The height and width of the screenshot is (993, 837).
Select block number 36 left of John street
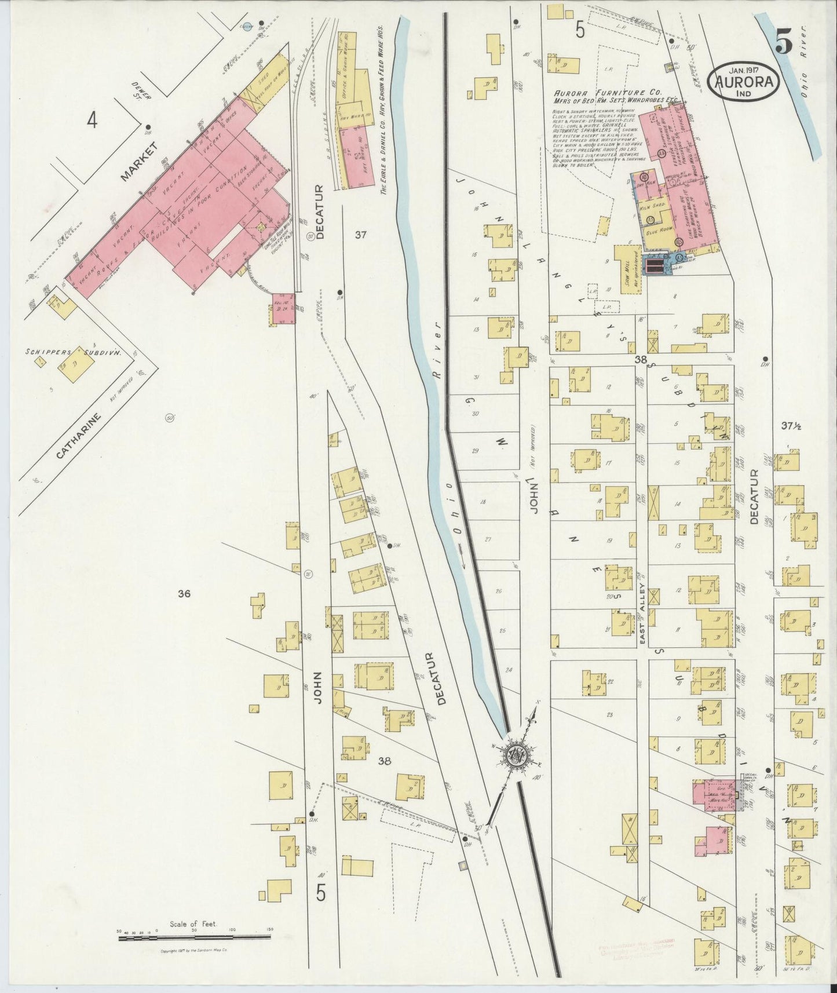pos(184,593)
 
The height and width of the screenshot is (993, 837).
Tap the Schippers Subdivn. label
pos(74,352)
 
